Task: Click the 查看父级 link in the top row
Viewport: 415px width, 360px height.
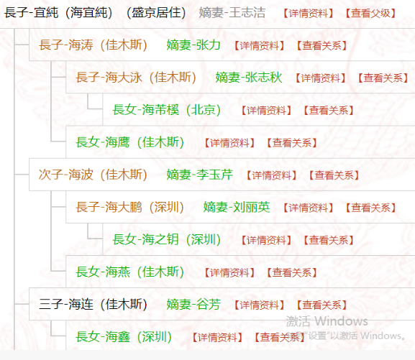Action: tap(370, 13)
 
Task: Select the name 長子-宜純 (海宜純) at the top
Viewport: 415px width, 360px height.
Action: tap(58, 12)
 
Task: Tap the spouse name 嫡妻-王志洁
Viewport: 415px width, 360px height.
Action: tap(232, 12)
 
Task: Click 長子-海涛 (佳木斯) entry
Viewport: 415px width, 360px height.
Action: tap(94, 45)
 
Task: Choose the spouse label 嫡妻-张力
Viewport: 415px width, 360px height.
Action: tap(193, 45)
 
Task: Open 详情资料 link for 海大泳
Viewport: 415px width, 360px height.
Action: tap(320, 78)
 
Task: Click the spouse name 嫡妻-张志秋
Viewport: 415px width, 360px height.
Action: tap(249, 78)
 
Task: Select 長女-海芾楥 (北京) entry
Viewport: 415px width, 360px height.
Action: tap(167, 110)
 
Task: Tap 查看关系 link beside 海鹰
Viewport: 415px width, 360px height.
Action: tap(292, 143)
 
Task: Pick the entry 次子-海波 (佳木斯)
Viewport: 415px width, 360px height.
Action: tap(94, 175)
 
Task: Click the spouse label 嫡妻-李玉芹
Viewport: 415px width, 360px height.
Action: tap(200, 175)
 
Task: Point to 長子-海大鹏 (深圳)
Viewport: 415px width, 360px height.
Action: tap(130, 207)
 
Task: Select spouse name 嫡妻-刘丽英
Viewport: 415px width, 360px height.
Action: tap(237, 207)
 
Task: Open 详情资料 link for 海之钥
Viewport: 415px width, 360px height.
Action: tap(266, 240)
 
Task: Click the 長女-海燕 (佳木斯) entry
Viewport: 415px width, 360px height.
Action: tap(130, 272)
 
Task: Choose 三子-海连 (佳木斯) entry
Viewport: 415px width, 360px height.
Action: tap(94, 304)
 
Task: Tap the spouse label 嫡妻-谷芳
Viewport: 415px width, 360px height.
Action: tap(193, 304)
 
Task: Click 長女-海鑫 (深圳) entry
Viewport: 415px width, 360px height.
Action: tap(124, 337)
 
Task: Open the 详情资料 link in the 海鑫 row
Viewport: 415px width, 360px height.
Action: tap(217, 337)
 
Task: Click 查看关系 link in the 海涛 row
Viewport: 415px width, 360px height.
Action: tap(321, 45)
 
